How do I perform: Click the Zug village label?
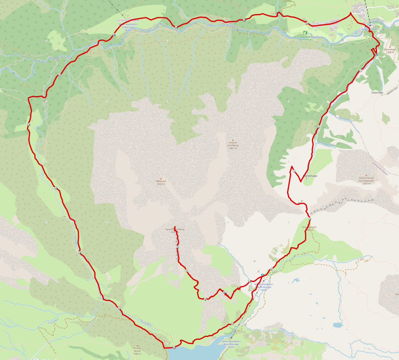[x=361, y=10]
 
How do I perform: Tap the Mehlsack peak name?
[x=161, y=181]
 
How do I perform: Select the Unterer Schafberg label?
[x=233, y=145]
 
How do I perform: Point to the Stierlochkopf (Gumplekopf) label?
[x=366, y=181]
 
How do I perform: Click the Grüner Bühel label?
[x=137, y=351]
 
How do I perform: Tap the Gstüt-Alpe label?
[x=377, y=93]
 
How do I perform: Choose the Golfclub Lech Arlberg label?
[x=306, y=38]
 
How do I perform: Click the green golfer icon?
[x=305, y=33]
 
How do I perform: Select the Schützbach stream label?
[x=53, y=322]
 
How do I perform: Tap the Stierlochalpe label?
[x=310, y=176]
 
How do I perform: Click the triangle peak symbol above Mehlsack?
[x=161, y=178]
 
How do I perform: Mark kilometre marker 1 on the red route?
[x=360, y=71]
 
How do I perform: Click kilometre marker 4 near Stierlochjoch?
[x=310, y=219]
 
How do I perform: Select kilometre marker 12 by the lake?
[x=174, y=348]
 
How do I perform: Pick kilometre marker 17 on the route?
[x=60, y=75]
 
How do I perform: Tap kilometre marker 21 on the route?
[x=307, y=23]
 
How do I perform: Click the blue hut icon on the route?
[x=263, y=275]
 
